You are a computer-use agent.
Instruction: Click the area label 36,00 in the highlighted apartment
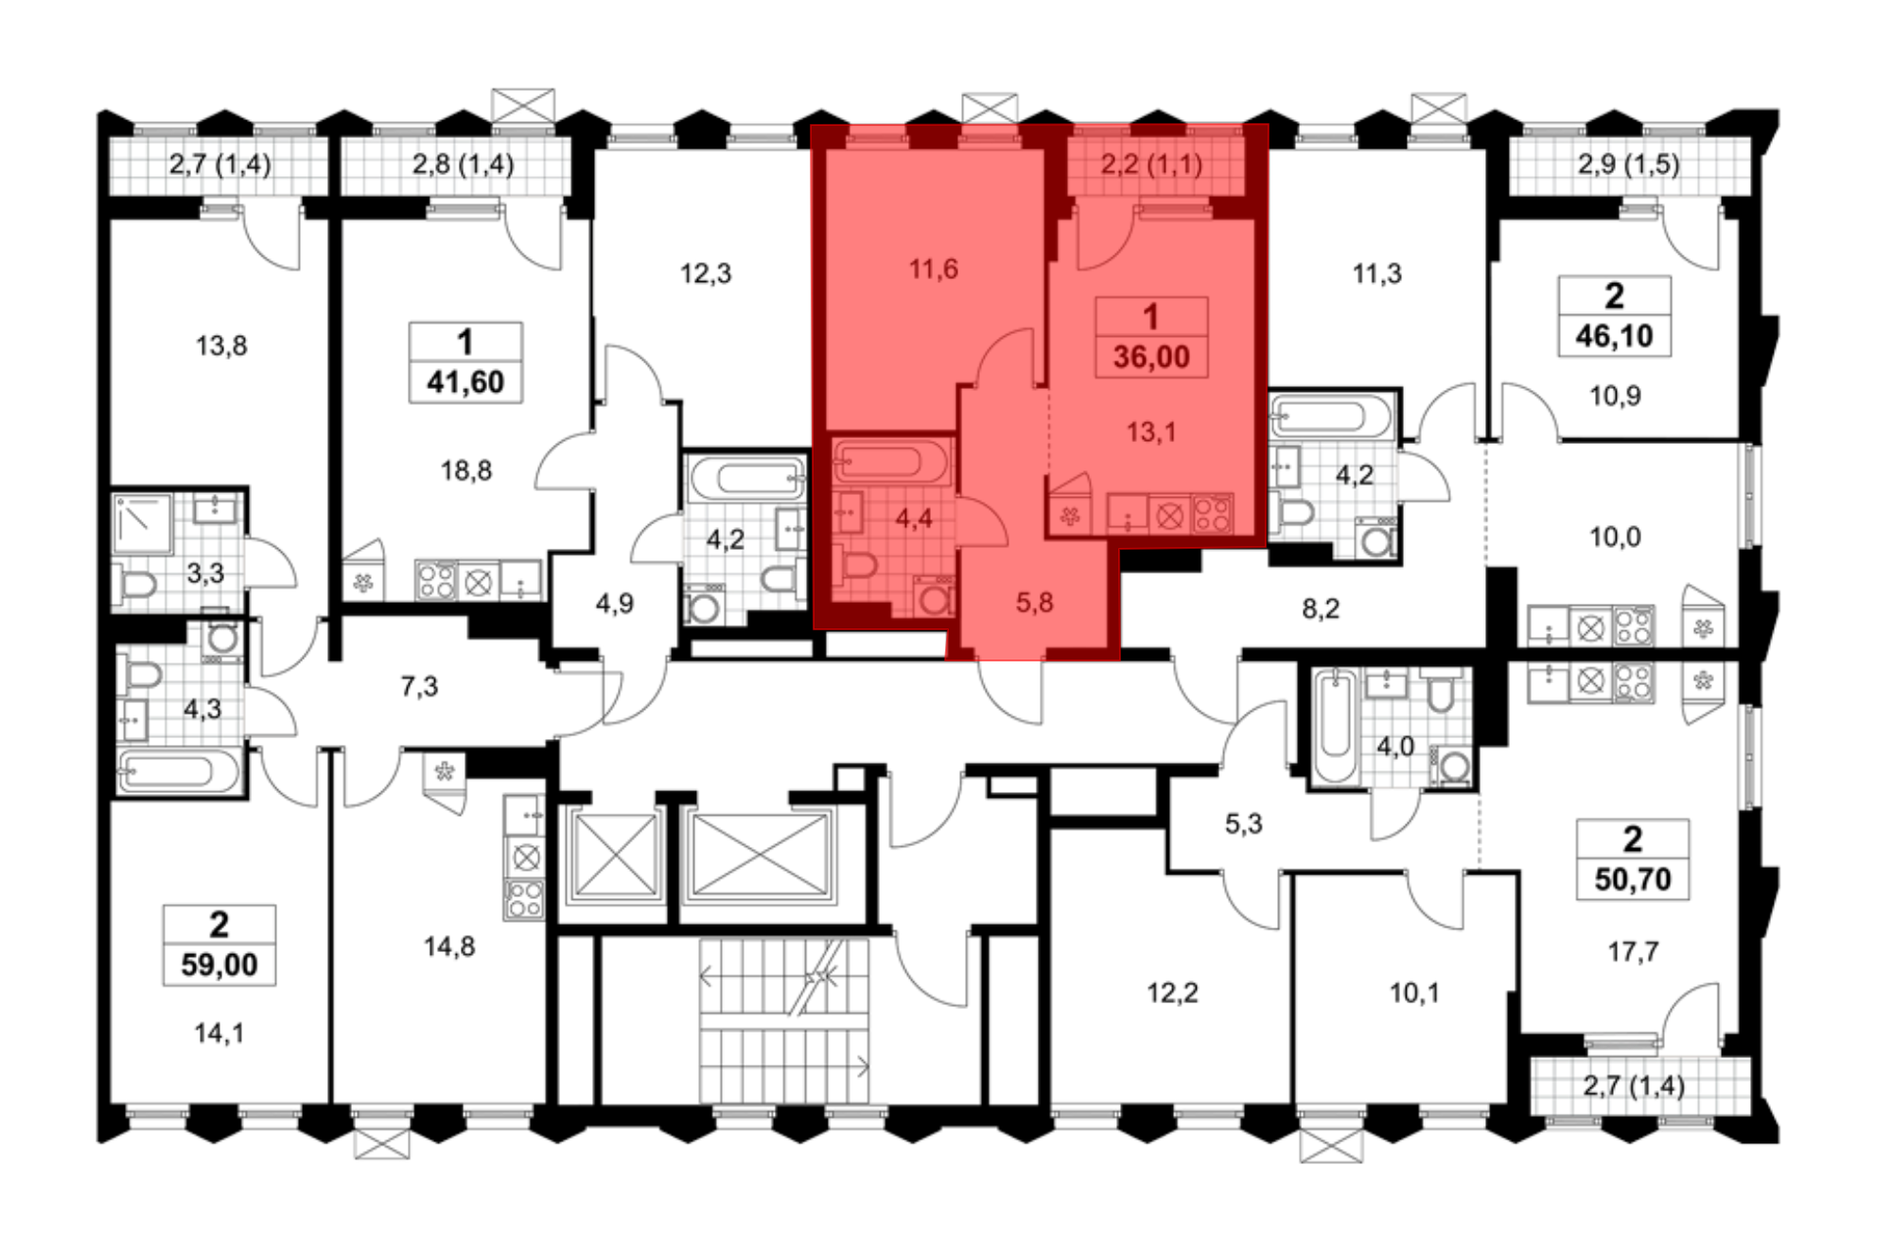[x=1151, y=357]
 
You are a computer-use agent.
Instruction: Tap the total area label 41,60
[x=465, y=382]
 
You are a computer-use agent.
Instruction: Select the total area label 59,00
[x=219, y=965]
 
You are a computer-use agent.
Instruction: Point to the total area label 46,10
[x=1615, y=336]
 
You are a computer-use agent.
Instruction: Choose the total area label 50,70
[x=1633, y=879]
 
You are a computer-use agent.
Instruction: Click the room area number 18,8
[x=466, y=470]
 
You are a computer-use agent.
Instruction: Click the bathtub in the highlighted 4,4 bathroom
[x=890, y=461]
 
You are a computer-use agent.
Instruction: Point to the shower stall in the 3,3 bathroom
[x=143, y=523]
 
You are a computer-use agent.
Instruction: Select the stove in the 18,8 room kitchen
[x=436, y=580]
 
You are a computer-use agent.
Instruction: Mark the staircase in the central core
[x=783, y=1020]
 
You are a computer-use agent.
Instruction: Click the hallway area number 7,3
[x=419, y=686]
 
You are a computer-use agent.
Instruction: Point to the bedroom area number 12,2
[x=1172, y=993]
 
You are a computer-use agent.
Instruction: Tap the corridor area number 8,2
[x=1321, y=609]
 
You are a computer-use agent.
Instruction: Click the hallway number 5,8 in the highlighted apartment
[x=1034, y=603]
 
